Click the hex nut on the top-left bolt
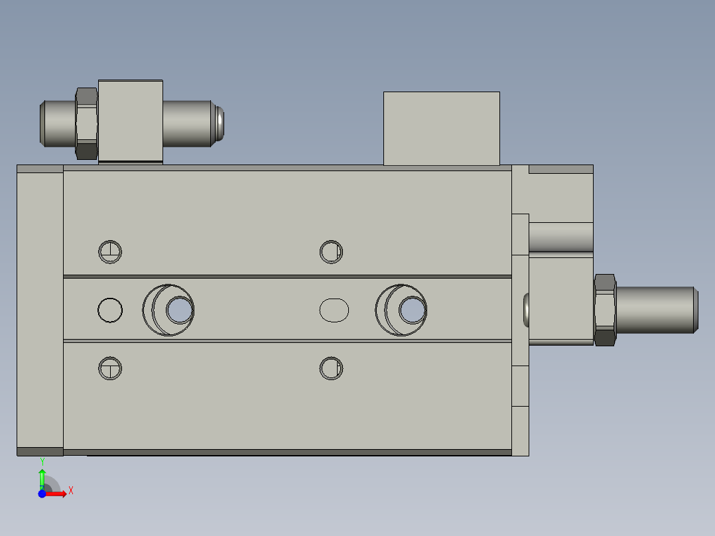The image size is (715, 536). coord(87,123)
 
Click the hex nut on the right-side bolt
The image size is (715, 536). coord(605,310)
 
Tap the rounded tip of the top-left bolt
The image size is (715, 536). coord(220,123)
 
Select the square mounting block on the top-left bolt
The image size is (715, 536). coord(131,121)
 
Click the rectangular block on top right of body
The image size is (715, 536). coord(441,129)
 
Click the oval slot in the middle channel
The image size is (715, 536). coord(334,310)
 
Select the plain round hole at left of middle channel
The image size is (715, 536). coord(110,310)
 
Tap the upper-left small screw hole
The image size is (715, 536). coord(110,251)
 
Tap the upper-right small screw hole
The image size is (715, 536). coord(331,251)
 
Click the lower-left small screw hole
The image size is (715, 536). coord(110,368)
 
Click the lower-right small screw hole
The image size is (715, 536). coord(331,368)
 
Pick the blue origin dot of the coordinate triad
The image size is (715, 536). coord(42,494)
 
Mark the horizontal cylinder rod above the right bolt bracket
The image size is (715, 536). coord(560,237)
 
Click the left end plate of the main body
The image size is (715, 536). coord(40,310)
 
